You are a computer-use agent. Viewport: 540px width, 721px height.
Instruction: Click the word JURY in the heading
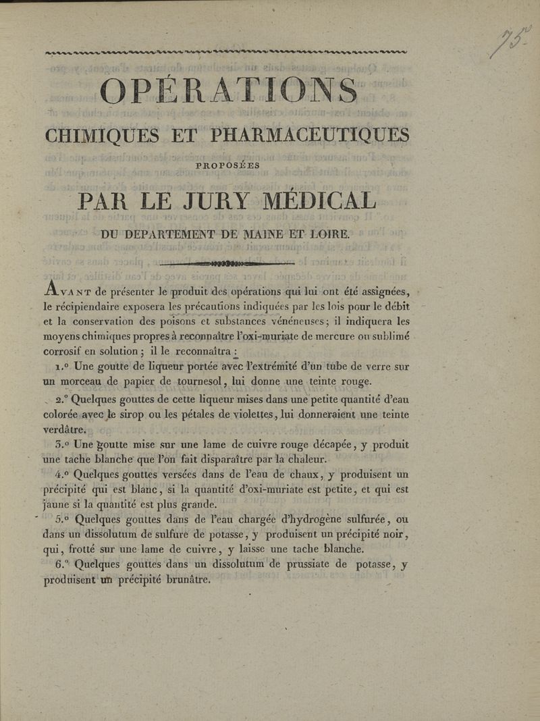pos(217,201)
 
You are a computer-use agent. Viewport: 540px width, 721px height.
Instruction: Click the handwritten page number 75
pos(510,43)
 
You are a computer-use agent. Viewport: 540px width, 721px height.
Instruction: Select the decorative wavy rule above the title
pos(225,51)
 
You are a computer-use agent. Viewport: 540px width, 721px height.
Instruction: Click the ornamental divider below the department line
pos(227,263)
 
